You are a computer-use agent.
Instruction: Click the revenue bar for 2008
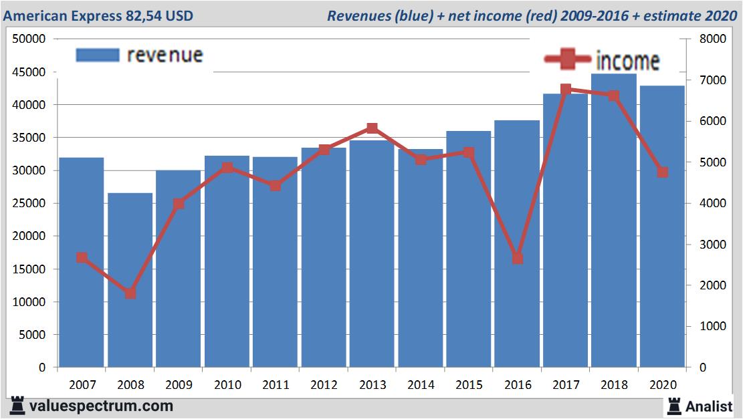(x=130, y=280)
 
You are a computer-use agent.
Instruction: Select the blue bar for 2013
(x=372, y=254)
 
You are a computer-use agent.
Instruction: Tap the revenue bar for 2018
(x=614, y=221)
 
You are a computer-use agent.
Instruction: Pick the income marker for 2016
(x=517, y=258)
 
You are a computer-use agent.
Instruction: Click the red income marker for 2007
(x=82, y=257)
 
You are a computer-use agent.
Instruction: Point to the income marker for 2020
(x=662, y=172)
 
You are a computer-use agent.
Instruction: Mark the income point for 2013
(x=372, y=128)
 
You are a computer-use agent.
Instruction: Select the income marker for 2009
(x=179, y=204)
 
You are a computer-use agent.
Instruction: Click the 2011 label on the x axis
(x=275, y=385)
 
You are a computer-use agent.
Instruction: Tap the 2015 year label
(x=469, y=385)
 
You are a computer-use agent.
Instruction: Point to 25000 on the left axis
(x=29, y=204)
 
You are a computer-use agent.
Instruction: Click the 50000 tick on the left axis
(x=29, y=39)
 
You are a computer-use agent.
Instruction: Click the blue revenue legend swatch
(x=98, y=55)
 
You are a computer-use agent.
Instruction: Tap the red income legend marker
(x=566, y=59)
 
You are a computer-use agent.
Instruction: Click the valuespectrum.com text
(x=101, y=406)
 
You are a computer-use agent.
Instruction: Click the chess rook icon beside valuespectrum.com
(x=17, y=405)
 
